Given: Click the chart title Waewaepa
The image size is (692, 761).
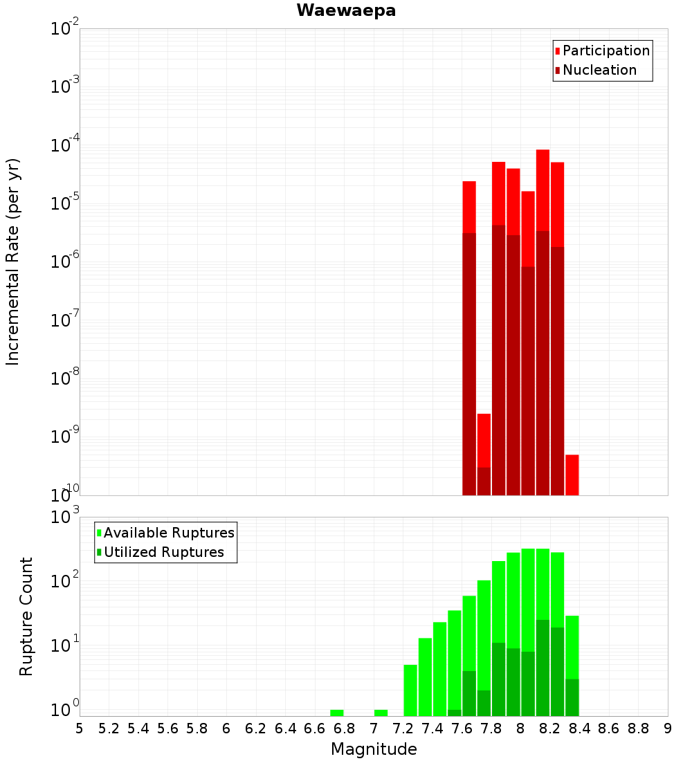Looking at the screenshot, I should pos(346,10).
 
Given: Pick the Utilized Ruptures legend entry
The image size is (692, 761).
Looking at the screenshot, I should pos(163,552).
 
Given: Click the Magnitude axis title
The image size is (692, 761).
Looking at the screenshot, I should pos(374,749).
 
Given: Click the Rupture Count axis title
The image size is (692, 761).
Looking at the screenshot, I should pos(26,616).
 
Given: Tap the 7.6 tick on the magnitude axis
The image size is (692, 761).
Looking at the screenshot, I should pos(462,728).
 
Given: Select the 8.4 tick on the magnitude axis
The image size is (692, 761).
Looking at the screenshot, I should pos(579,728).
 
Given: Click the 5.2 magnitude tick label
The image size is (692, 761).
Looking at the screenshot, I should pos(109,728).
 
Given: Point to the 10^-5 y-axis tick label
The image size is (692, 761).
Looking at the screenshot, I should pos(65,203).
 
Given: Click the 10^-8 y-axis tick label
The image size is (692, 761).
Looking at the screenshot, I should pos(65,378).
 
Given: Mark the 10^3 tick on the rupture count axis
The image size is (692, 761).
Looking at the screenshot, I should pos(65,517).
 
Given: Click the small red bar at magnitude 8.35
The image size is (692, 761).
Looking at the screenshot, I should pos(572,475).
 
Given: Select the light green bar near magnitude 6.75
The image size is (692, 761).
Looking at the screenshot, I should pos(337,713).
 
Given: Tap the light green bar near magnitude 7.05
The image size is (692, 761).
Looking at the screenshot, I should pos(381,713).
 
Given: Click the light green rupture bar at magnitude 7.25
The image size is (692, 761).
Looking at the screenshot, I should pos(410,690).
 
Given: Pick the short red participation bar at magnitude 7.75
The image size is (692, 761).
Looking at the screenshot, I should pos(484,440).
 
